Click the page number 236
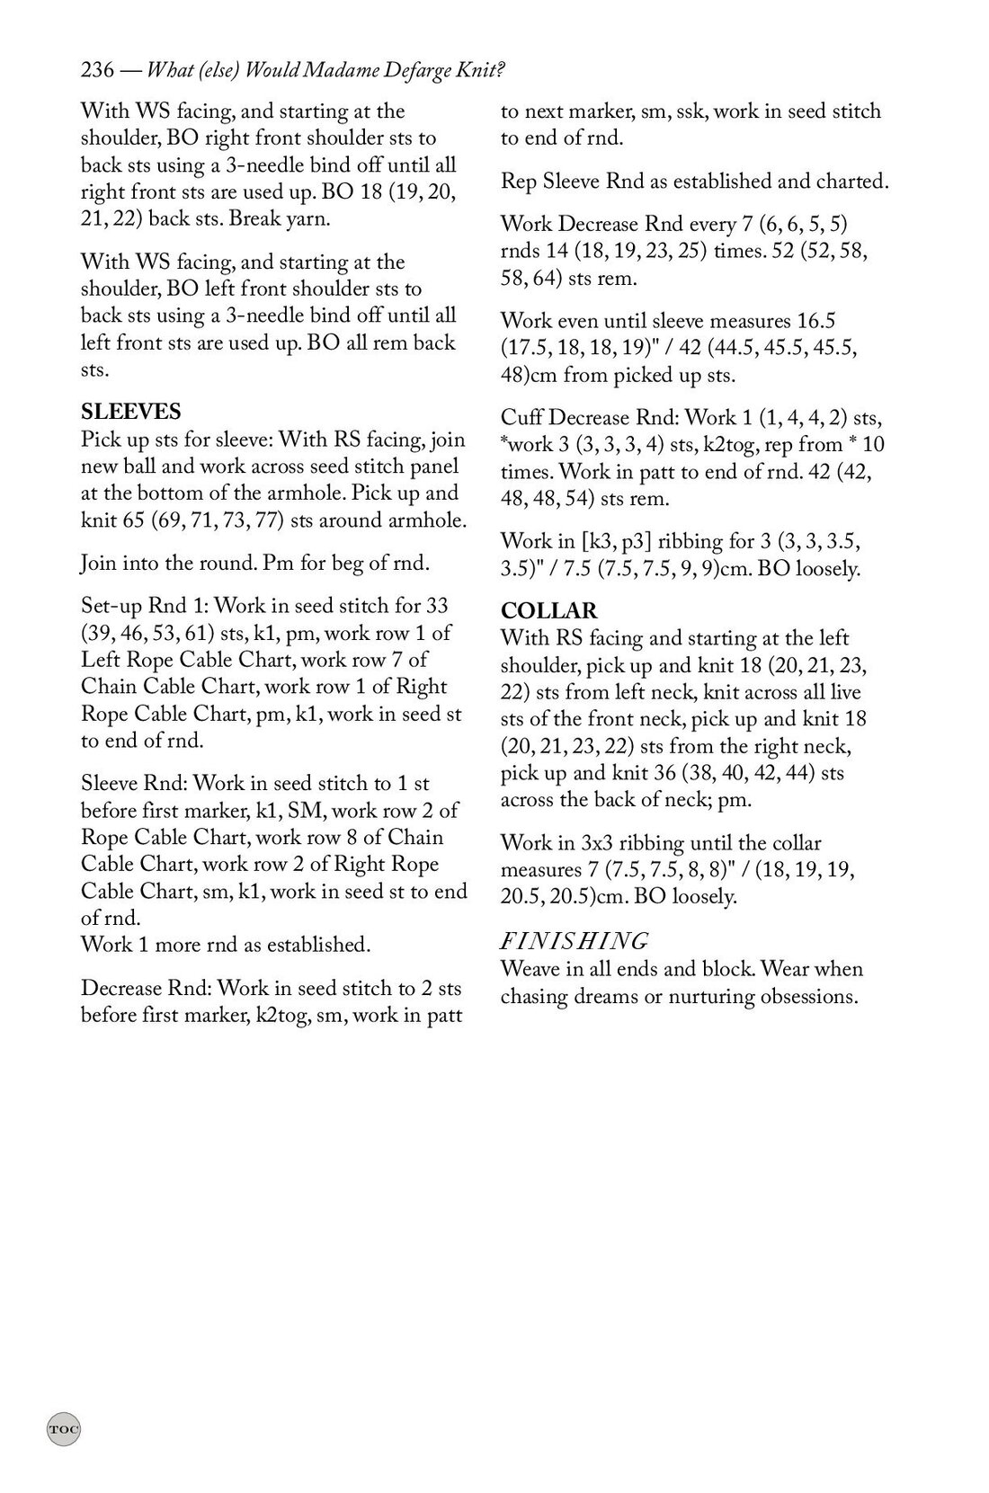point(96,70)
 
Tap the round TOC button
point(63,1428)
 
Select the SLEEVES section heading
point(131,412)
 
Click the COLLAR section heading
point(548,611)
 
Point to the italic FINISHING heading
point(574,941)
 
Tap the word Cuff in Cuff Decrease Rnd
point(521,418)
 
